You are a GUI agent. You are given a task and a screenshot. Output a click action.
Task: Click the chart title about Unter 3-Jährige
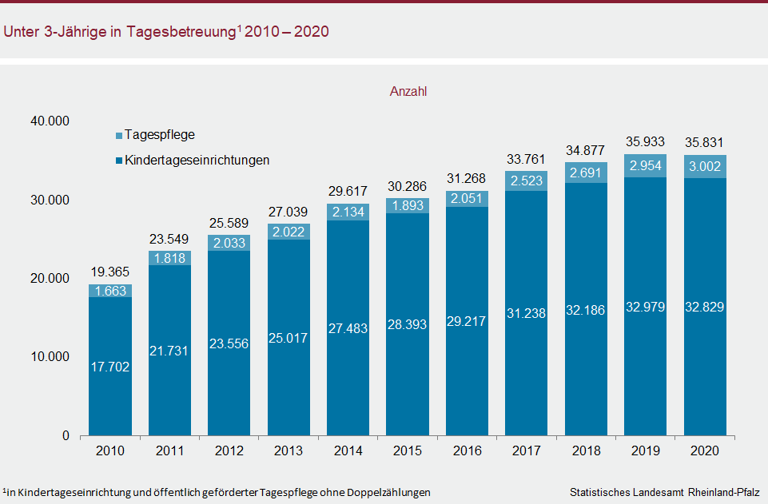click(167, 32)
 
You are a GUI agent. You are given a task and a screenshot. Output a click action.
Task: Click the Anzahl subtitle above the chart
click(408, 92)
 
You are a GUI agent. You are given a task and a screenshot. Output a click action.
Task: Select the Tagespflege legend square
click(118, 136)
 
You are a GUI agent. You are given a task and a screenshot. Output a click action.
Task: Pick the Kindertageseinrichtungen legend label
click(197, 160)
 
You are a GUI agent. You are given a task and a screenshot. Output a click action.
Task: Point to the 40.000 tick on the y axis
click(50, 121)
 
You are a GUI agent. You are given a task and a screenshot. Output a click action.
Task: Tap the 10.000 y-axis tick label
click(50, 357)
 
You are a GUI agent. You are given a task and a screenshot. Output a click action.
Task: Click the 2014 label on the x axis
click(347, 451)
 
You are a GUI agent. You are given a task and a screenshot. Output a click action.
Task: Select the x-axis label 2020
click(704, 451)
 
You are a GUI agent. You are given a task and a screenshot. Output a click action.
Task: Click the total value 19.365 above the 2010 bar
click(110, 272)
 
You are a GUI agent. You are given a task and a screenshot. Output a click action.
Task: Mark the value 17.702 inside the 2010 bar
click(110, 367)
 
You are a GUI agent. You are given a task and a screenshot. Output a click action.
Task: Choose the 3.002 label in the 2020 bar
click(704, 166)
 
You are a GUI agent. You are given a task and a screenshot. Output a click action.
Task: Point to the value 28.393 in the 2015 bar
click(407, 325)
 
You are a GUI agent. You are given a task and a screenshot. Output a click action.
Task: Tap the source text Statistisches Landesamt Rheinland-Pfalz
click(665, 492)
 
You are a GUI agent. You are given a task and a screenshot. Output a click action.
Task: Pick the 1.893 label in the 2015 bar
click(407, 206)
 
